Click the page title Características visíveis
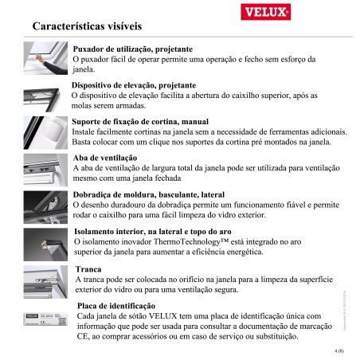99,26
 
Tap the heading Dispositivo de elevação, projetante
144,84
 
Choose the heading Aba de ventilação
105,158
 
